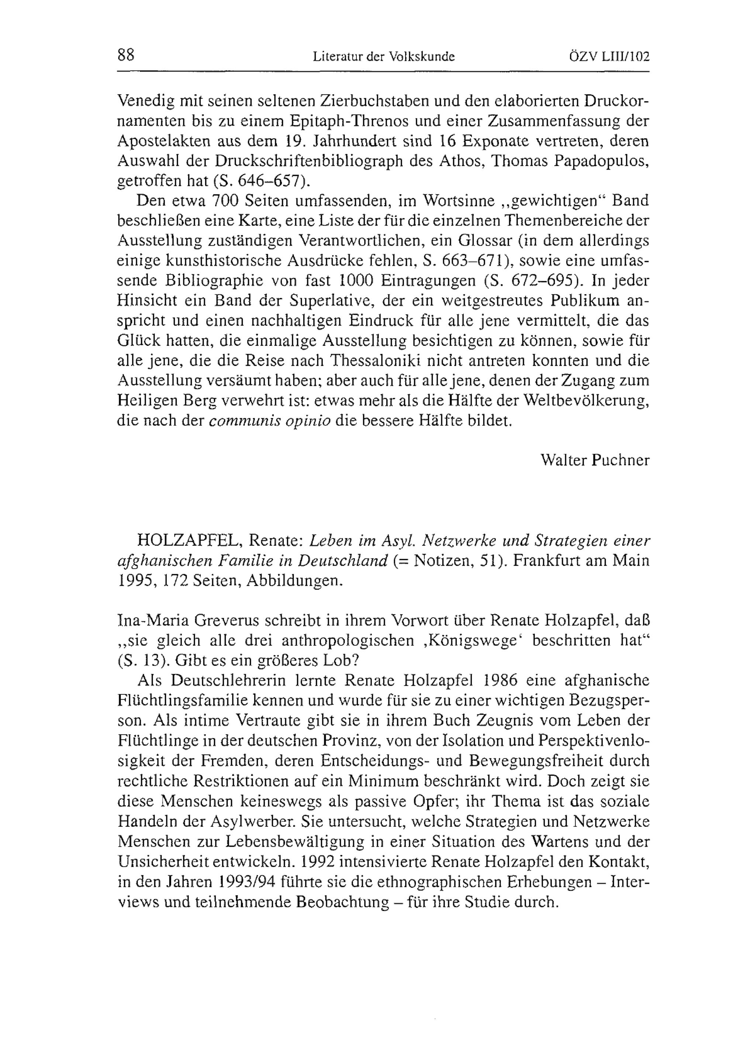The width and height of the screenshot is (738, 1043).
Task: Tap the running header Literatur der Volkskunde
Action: (384, 57)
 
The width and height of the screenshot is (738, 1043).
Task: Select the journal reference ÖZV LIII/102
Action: (608, 57)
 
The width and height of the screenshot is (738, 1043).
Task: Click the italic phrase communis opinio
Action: (269, 421)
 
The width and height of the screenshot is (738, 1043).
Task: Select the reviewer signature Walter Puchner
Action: (595, 460)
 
